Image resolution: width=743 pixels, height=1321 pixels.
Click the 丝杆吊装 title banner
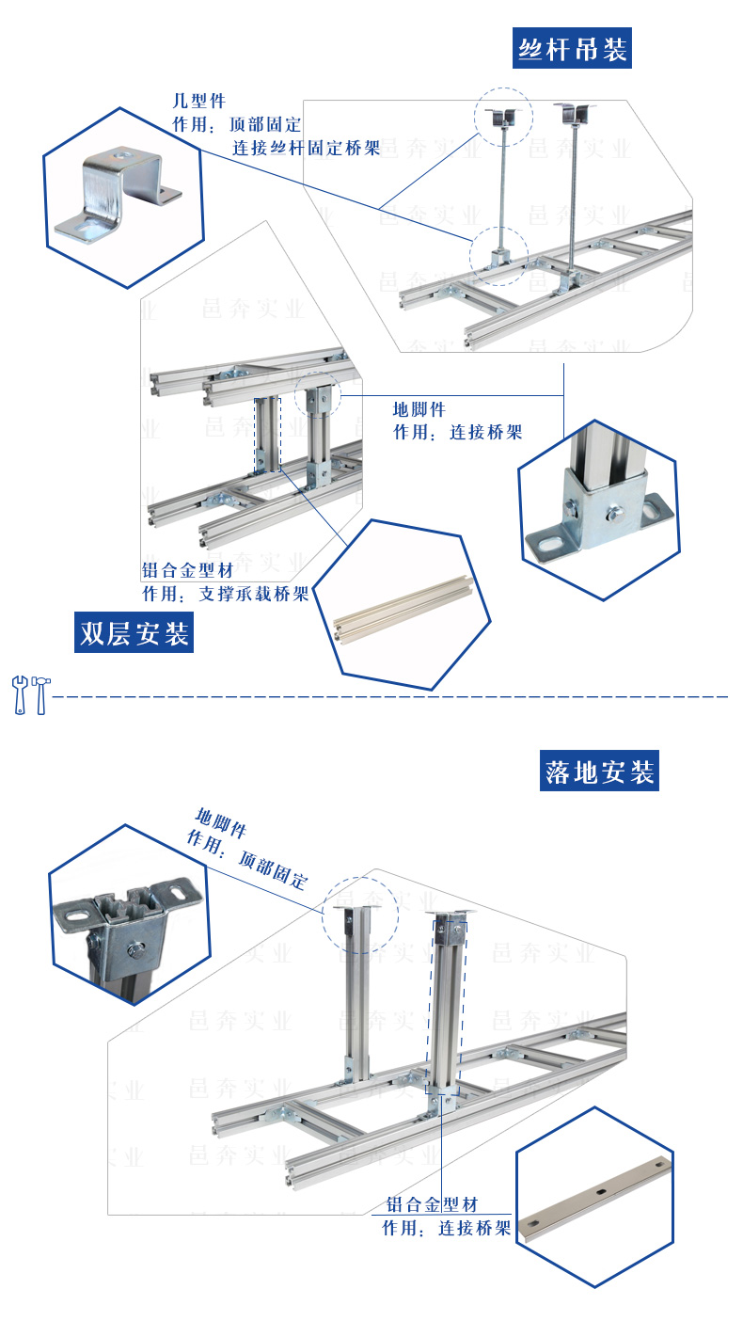(x=572, y=49)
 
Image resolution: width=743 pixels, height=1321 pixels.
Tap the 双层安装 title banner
(x=134, y=633)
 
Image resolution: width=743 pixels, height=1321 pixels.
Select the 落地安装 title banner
(x=599, y=772)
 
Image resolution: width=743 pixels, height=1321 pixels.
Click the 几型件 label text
(x=198, y=101)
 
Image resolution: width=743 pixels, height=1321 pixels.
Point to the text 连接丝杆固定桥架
(x=306, y=148)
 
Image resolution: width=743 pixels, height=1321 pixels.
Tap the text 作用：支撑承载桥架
(x=225, y=595)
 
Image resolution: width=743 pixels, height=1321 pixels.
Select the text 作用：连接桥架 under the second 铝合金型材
(x=446, y=1228)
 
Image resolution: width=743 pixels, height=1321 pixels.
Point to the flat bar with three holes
(x=598, y=1193)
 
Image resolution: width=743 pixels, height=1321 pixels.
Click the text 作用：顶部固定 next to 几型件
(x=236, y=124)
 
